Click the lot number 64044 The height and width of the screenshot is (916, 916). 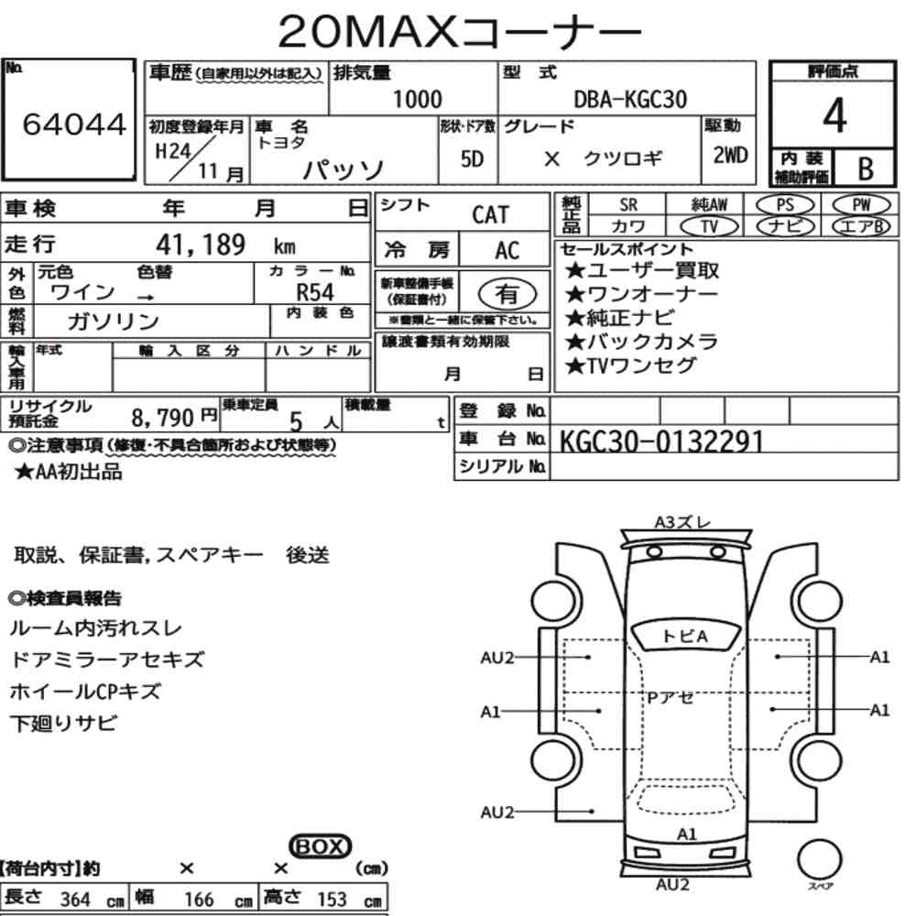pos(74,124)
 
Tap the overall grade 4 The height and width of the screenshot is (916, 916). pos(834,115)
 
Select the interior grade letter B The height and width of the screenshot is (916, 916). pos(866,169)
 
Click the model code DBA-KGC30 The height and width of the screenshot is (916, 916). pos(630,99)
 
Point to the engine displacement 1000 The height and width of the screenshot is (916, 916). pos(417,99)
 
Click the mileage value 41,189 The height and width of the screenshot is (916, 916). pos(201,245)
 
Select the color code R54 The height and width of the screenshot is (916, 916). pos(315,292)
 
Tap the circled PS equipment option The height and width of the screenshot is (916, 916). pos(785,205)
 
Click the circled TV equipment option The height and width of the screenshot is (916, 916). pos(709,226)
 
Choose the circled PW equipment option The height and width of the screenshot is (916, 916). pos(861,205)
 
